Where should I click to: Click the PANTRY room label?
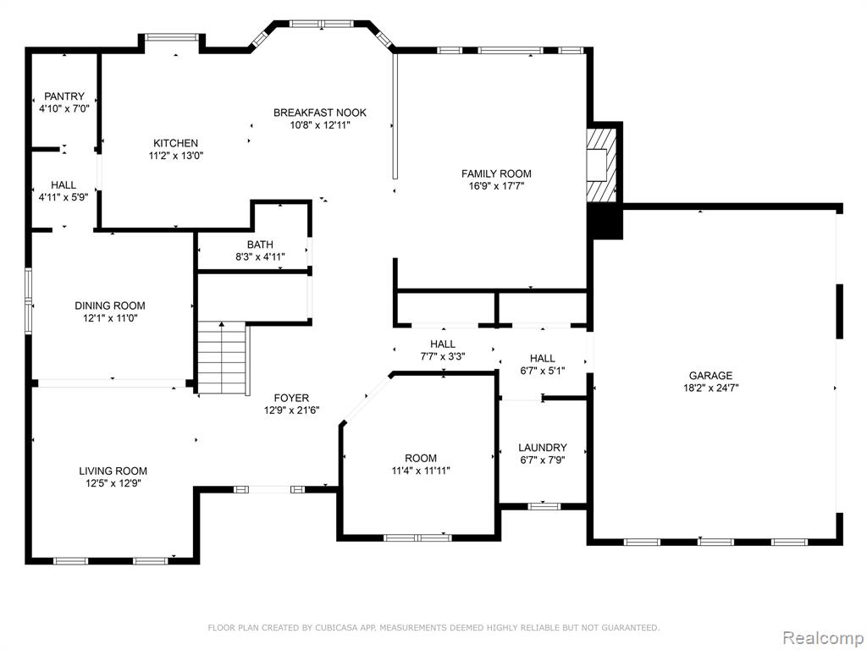(x=64, y=96)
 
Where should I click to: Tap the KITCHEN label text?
(x=176, y=143)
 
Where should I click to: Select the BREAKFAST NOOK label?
(x=319, y=113)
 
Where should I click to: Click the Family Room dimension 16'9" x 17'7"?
(x=496, y=186)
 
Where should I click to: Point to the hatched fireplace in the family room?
(x=601, y=165)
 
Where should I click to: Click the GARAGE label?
(x=710, y=376)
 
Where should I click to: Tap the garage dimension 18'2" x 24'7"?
(x=710, y=388)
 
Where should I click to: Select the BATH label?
(x=260, y=245)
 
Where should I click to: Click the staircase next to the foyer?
(x=222, y=358)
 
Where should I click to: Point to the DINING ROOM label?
(x=110, y=306)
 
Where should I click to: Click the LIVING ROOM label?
(x=113, y=471)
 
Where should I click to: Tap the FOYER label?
(x=291, y=398)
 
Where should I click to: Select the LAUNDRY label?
(x=543, y=448)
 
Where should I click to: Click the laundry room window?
(x=544, y=506)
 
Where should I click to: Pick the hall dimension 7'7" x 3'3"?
(x=442, y=356)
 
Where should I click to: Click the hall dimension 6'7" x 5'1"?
(x=543, y=371)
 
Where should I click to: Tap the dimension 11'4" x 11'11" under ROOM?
(x=421, y=471)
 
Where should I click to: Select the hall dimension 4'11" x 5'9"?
(x=64, y=196)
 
